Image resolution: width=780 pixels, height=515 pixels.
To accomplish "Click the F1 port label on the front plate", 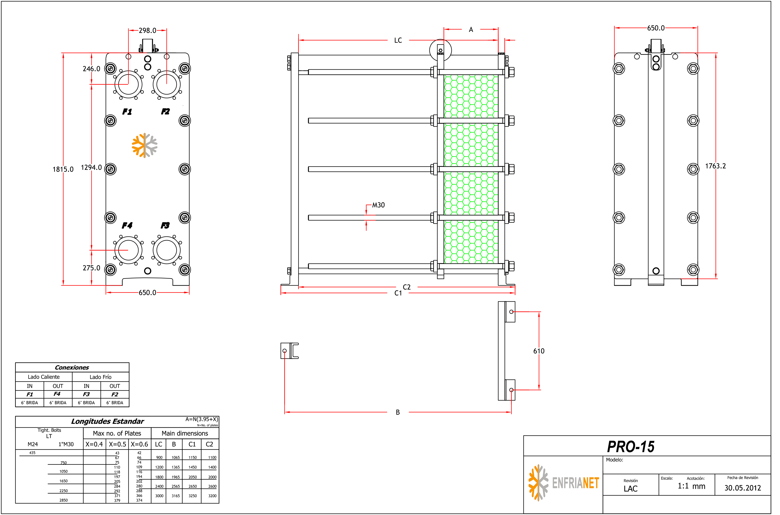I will pos(127,112).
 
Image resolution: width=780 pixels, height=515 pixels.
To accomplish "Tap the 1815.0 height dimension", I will pos(63,170).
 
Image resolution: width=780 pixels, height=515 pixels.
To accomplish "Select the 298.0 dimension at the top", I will pos(147,31).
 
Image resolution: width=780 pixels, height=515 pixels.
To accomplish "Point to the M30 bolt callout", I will pos(378,205).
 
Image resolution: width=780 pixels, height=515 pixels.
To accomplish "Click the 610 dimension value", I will pos(539,351).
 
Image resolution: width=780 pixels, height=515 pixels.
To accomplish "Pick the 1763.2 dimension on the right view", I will pos(715,166).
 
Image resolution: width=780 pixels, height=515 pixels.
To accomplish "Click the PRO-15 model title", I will pos(630,447).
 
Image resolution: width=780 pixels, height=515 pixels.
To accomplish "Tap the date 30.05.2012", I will pos(743,488).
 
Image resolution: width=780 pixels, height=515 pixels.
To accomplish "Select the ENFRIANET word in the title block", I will pos(575,483).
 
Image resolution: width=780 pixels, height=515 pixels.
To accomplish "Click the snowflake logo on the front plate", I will pos(145,145).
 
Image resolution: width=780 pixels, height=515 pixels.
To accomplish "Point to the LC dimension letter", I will pos(398,40).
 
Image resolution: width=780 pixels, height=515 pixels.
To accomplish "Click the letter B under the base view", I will pos(398,412).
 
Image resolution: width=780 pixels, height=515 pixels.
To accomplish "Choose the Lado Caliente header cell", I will pos(44,377).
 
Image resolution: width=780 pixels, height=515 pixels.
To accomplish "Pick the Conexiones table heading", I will pos(72,367).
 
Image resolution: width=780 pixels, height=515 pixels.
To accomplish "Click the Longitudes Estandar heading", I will pos(107,421).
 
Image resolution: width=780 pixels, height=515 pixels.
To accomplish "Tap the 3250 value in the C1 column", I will pos(193,496).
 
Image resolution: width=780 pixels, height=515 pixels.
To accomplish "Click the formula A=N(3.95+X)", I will pos(201,419).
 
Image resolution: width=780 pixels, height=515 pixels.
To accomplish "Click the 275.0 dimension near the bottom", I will pos(91,268).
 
